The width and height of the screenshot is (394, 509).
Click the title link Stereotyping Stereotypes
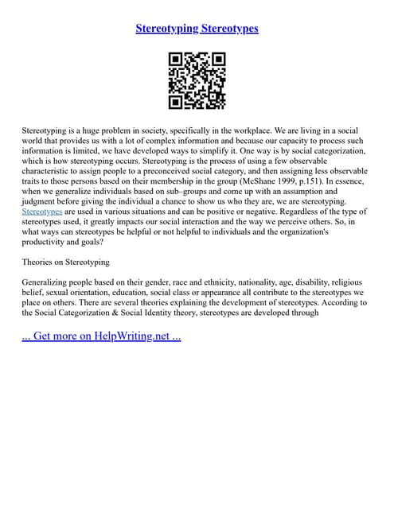click(x=197, y=29)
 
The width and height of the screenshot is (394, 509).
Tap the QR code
click(x=197, y=81)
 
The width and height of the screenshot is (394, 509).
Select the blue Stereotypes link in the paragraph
click(x=41, y=212)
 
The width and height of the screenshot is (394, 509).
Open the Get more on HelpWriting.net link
click(x=101, y=336)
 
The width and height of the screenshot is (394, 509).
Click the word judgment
click(x=41, y=201)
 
